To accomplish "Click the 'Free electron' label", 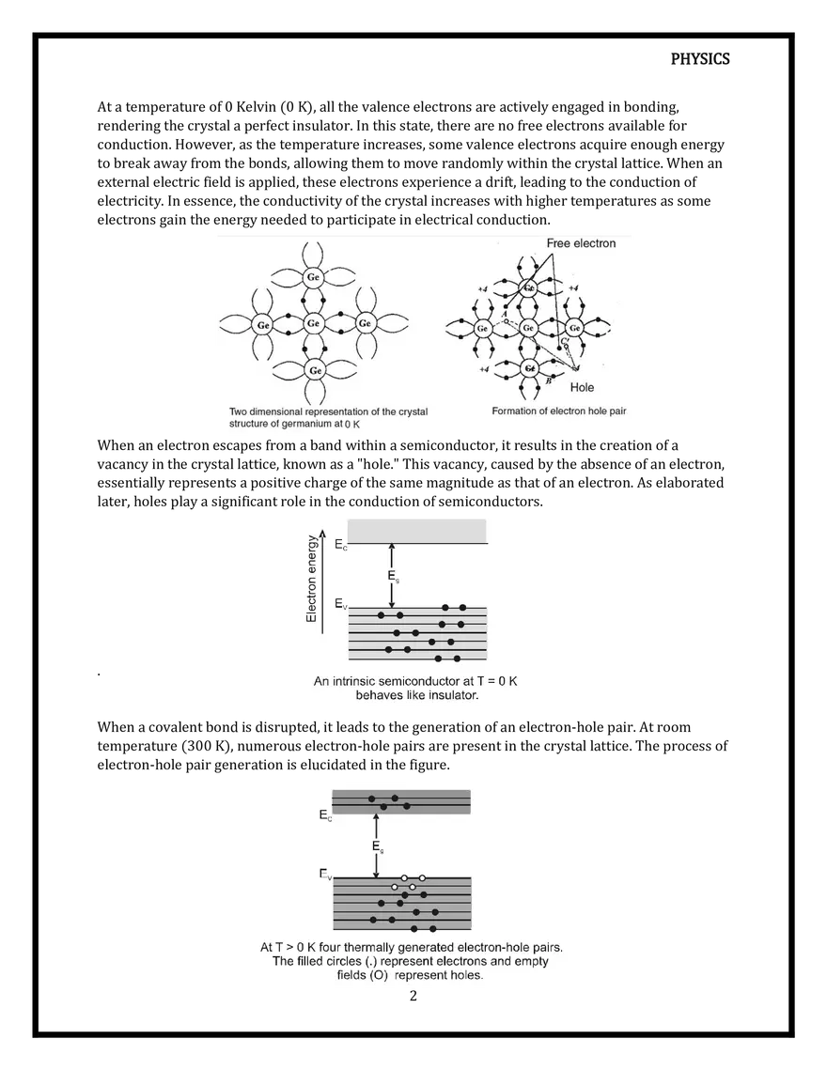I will [581, 243].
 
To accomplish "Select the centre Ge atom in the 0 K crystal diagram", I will [314, 324].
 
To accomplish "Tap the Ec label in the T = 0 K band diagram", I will [340, 545].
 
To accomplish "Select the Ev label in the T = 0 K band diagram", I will [340, 604].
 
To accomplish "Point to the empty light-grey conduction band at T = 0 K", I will [416, 531].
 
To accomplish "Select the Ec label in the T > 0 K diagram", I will [324, 817].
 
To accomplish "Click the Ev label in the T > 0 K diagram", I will [324, 876].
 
